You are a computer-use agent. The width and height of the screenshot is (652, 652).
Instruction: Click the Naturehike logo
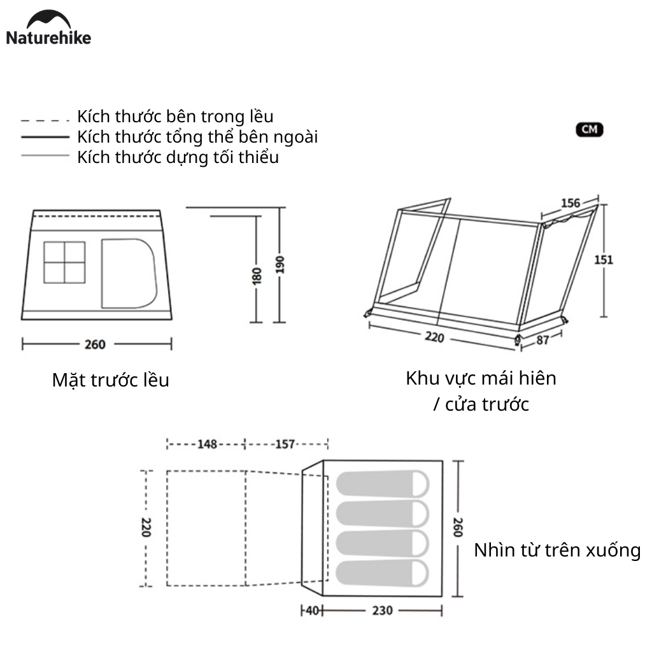tap(48, 28)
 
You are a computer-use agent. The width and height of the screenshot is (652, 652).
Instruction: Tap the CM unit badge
tap(590, 130)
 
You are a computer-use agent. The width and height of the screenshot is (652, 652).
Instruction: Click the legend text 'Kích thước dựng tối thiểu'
tap(178, 157)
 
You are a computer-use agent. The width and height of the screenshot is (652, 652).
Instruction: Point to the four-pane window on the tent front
tap(64, 262)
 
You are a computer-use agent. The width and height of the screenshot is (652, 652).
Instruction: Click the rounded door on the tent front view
tap(129, 272)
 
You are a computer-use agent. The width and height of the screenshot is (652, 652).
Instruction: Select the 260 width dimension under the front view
tap(95, 344)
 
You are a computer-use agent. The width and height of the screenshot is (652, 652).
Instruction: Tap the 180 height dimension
tap(257, 275)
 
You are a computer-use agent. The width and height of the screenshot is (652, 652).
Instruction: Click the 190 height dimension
tap(280, 265)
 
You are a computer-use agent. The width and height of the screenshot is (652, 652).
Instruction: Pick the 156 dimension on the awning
tap(570, 203)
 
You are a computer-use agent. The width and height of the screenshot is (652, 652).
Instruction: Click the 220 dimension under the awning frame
tap(434, 337)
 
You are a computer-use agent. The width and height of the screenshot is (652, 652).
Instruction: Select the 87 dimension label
tap(542, 340)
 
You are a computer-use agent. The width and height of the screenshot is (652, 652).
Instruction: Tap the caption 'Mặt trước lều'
tap(111, 381)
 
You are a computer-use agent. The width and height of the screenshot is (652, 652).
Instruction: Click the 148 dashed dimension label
tap(207, 444)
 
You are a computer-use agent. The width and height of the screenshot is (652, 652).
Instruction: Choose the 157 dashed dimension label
tap(284, 444)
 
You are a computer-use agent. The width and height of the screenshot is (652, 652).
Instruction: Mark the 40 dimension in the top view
tap(312, 611)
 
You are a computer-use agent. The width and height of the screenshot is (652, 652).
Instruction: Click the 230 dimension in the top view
tap(382, 611)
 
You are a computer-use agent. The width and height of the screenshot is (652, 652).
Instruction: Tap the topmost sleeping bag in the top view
tap(382, 483)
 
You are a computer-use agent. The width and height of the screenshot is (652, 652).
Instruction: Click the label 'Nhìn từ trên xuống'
tap(557, 550)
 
